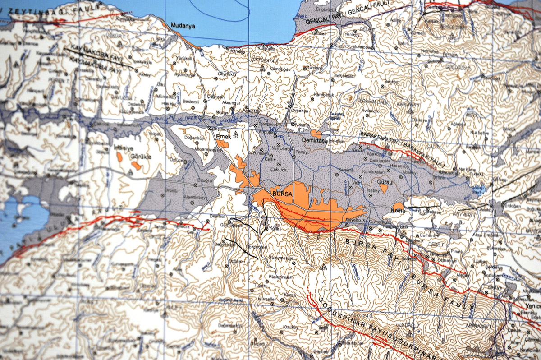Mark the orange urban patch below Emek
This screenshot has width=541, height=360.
[221, 144]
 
